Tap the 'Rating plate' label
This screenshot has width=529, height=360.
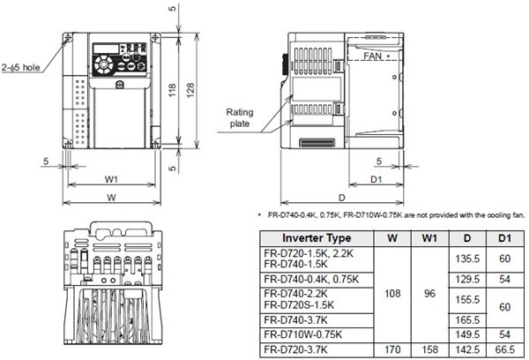[x=240, y=118]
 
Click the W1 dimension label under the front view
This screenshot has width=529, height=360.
[x=111, y=179]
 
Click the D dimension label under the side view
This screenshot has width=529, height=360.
[x=340, y=197]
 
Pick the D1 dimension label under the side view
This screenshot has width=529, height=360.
[x=374, y=179]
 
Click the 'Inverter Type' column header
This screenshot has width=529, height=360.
[x=315, y=237]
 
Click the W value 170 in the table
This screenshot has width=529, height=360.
[x=391, y=349]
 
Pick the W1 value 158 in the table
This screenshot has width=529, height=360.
[x=428, y=349]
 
